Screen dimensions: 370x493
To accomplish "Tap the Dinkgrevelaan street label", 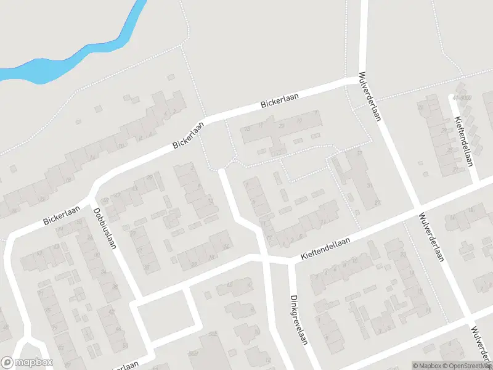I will [x=298, y=318].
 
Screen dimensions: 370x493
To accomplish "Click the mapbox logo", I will [x=27, y=363].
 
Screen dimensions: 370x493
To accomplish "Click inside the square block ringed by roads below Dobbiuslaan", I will [x=166, y=316].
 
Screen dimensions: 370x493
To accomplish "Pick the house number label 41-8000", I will [x=461, y=98].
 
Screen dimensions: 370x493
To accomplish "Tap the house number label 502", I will [x=214, y=334].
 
